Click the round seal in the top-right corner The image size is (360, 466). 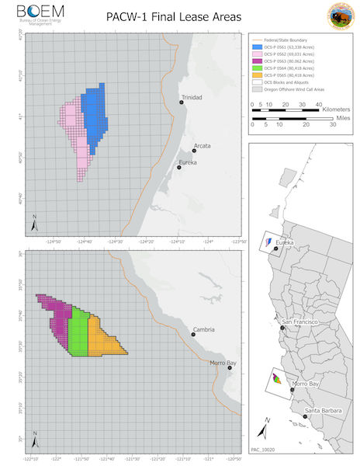[x=337, y=16]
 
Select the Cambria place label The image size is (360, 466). [x=204, y=329]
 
